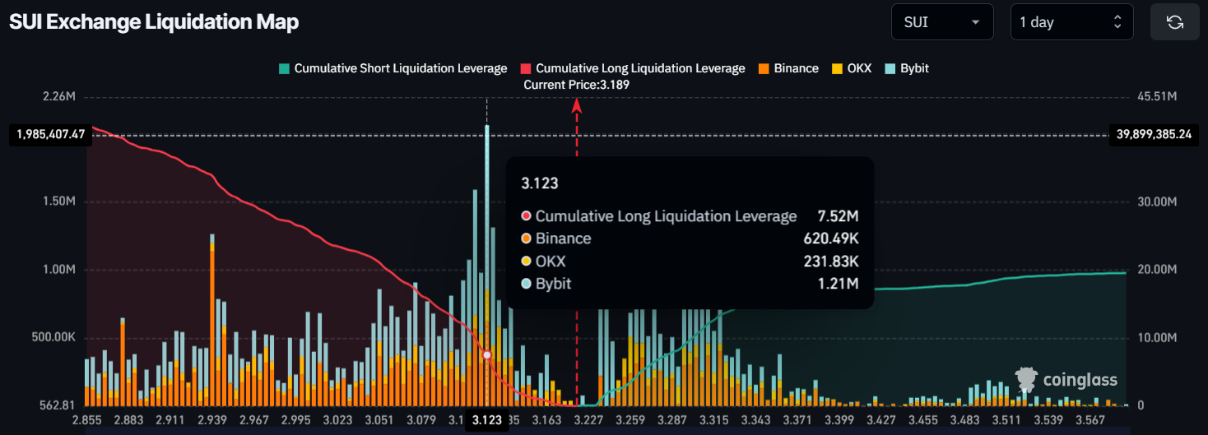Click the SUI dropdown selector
[x=942, y=22]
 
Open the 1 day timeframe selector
[x=1071, y=22]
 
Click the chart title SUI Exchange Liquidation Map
[x=154, y=22]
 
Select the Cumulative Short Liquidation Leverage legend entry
[x=393, y=68]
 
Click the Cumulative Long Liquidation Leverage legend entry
[x=633, y=68]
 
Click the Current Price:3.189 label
[x=576, y=85]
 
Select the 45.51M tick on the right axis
[x=1155, y=97]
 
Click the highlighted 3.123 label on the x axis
[x=486, y=420]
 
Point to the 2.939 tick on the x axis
[x=212, y=420]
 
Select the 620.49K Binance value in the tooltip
[x=831, y=238]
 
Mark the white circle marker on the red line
[x=487, y=355]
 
